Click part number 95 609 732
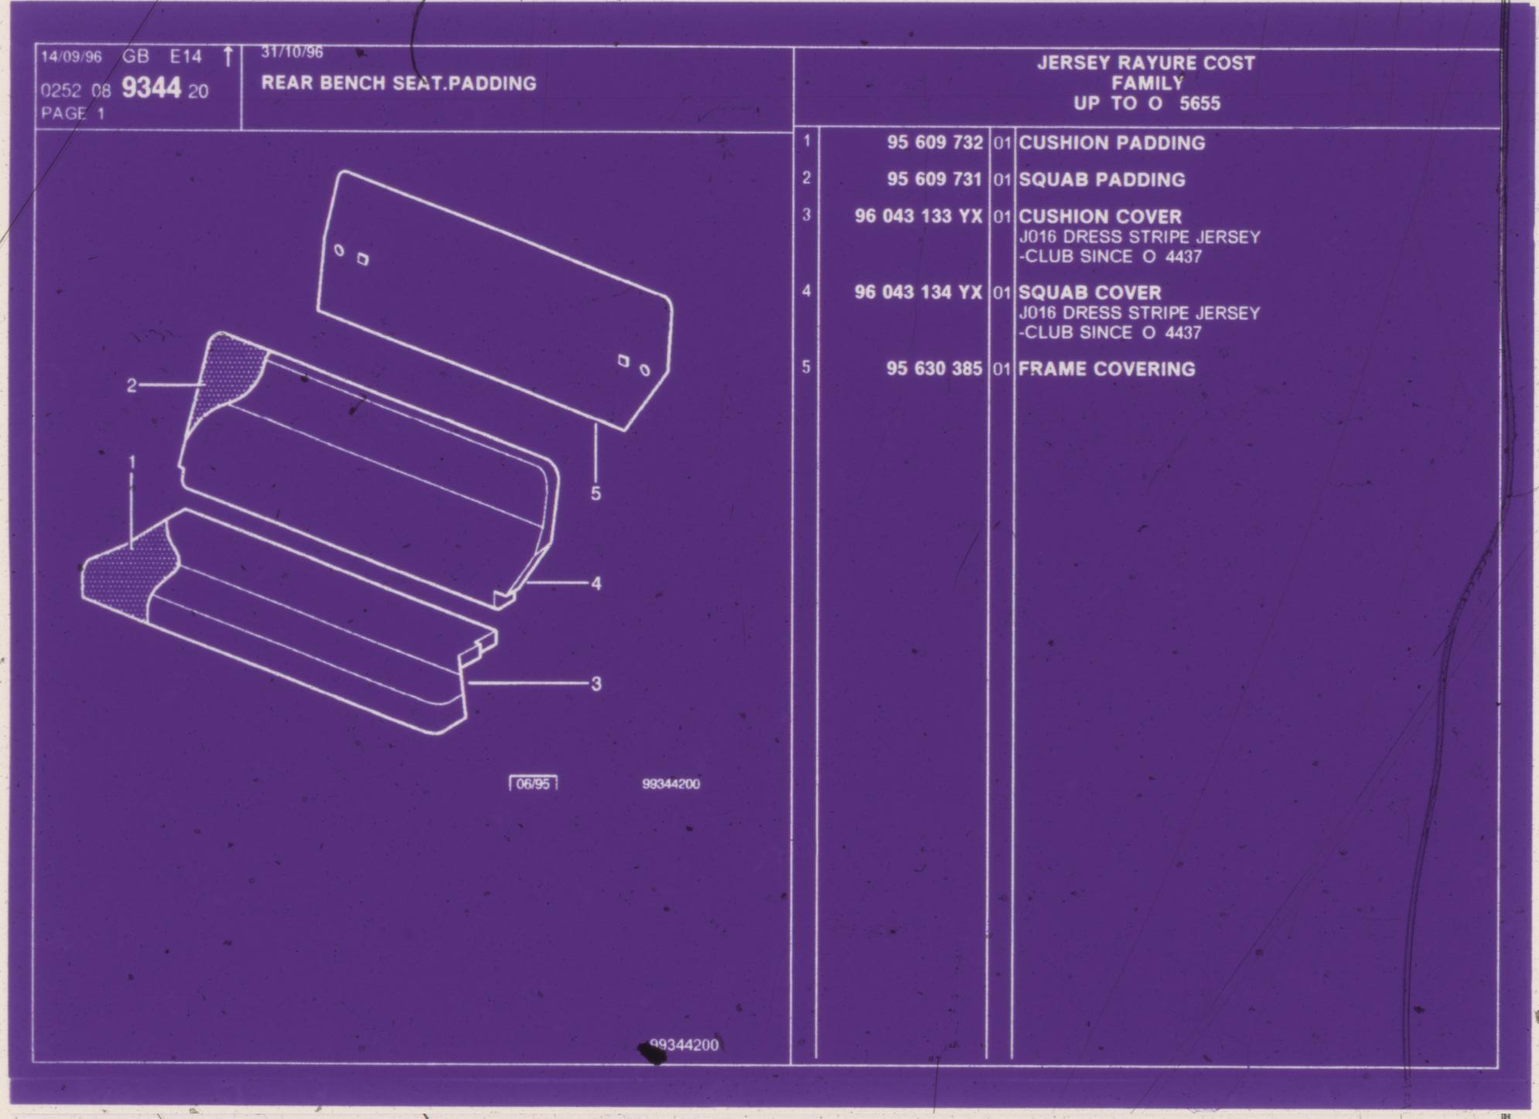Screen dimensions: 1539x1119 (x=935, y=142)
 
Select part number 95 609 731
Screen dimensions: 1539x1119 (x=934, y=179)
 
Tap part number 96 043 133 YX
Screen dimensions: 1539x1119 (x=918, y=216)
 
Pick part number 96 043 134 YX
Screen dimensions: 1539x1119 (x=918, y=292)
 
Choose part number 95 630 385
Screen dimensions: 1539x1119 (x=934, y=368)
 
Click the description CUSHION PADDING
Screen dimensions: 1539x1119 (x=1111, y=143)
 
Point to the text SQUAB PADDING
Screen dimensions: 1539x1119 (x=1101, y=179)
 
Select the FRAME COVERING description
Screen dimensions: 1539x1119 (x=1106, y=369)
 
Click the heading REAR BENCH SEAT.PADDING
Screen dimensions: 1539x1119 (x=398, y=83)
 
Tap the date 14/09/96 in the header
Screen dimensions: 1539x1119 (x=71, y=57)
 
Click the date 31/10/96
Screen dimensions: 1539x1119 (x=292, y=53)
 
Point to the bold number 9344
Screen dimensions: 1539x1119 (x=151, y=88)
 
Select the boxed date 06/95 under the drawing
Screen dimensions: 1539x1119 (x=533, y=783)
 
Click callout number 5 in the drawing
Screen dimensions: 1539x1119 (x=595, y=493)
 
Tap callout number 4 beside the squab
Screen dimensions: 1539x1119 (x=595, y=583)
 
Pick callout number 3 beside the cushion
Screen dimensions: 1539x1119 (x=595, y=684)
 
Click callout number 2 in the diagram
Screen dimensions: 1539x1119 (x=131, y=385)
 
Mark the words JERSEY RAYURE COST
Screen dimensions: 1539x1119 (x=1145, y=63)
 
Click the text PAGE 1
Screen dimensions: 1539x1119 (x=73, y=114)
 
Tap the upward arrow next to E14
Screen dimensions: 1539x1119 (x=227, y=56)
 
